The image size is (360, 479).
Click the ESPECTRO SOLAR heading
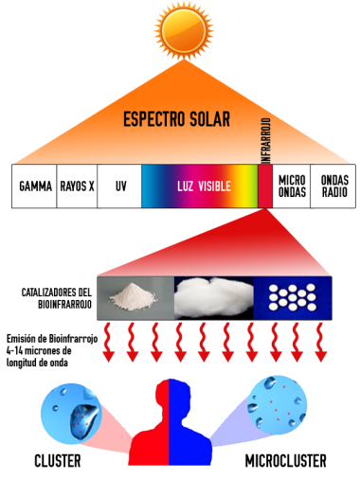pyautogui.click(x=180, y=121)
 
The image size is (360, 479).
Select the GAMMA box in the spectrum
pyautogui.click(x=35, y=186)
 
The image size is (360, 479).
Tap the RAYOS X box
pyautogui.click(x=78, y=186)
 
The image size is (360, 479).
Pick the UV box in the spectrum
pyautogui.click(x=119, y=186)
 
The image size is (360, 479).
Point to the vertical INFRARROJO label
pyautogui.click(x=265, y=170)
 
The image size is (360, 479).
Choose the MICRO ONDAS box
pyautogui.click(x=292, y=186)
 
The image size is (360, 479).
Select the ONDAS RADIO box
pyautogui.click(x=333, y=186)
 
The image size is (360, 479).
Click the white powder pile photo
pyautogui.click(x=135, y=294)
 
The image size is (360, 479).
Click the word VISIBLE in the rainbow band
pyautogui.click(x=213, y=186)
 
